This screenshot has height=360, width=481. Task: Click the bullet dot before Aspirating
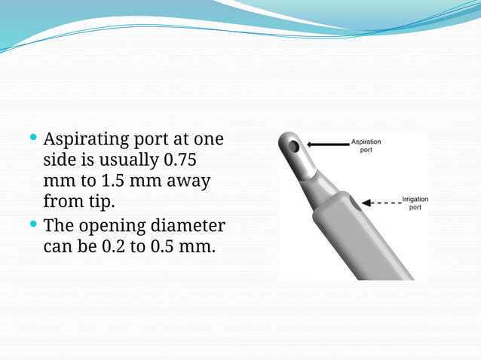33,139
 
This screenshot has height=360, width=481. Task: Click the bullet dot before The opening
33,224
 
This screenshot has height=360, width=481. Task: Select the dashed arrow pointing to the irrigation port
380,202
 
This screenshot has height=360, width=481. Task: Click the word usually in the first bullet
127,161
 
